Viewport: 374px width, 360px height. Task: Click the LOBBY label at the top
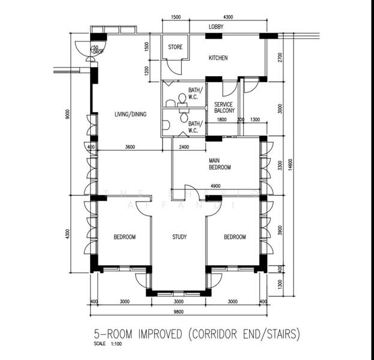point(217,27)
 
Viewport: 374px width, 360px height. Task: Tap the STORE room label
point(175,47)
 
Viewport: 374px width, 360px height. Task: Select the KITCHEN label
point(218,58)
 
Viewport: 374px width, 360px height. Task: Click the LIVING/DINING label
point(130,114)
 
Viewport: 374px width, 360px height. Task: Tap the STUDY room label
point(179,237)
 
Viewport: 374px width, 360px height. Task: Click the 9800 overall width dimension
point(178,312)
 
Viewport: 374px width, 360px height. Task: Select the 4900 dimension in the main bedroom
point(216,186)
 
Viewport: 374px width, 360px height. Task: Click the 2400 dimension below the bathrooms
point(184,147)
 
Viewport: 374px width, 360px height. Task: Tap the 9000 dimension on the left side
point(68,114)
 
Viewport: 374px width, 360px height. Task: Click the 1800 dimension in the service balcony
point(222,120)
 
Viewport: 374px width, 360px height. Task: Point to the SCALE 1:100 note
point(107,344)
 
